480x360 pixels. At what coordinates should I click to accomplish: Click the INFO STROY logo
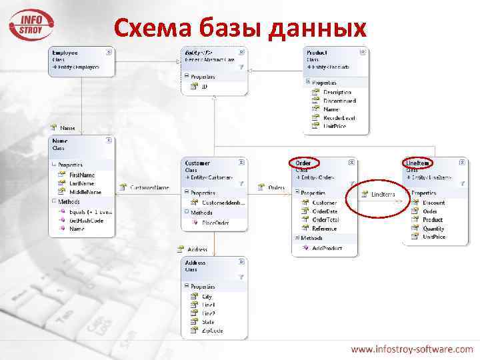[31, 24]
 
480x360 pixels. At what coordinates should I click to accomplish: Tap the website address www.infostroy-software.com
[412, 349]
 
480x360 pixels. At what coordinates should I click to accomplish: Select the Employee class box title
[65, 51]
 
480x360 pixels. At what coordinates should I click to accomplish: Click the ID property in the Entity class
[205, 86]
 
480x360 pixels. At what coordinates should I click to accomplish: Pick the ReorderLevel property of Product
[339, 117]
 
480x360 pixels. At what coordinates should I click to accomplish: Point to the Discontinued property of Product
[339, 101]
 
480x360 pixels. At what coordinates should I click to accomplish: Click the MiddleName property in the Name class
[85, 192]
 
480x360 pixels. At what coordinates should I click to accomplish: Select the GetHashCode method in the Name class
[86, 220]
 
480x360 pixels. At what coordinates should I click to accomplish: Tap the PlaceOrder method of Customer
[215, 223]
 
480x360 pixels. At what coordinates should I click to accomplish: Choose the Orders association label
[276, 187]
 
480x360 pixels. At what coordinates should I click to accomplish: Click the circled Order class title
[303, 163]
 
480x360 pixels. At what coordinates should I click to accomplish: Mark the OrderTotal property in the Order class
[325, 219]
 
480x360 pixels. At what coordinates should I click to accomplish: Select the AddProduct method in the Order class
[327, 248]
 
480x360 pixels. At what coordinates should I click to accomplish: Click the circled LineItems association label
[383, 194]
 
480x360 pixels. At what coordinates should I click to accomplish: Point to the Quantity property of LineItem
[433, 228]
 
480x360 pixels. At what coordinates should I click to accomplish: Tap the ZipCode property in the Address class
[212, 331]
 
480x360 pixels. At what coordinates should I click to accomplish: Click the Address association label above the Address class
[197, 249]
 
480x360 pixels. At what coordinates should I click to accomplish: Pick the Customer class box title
[197, 163]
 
